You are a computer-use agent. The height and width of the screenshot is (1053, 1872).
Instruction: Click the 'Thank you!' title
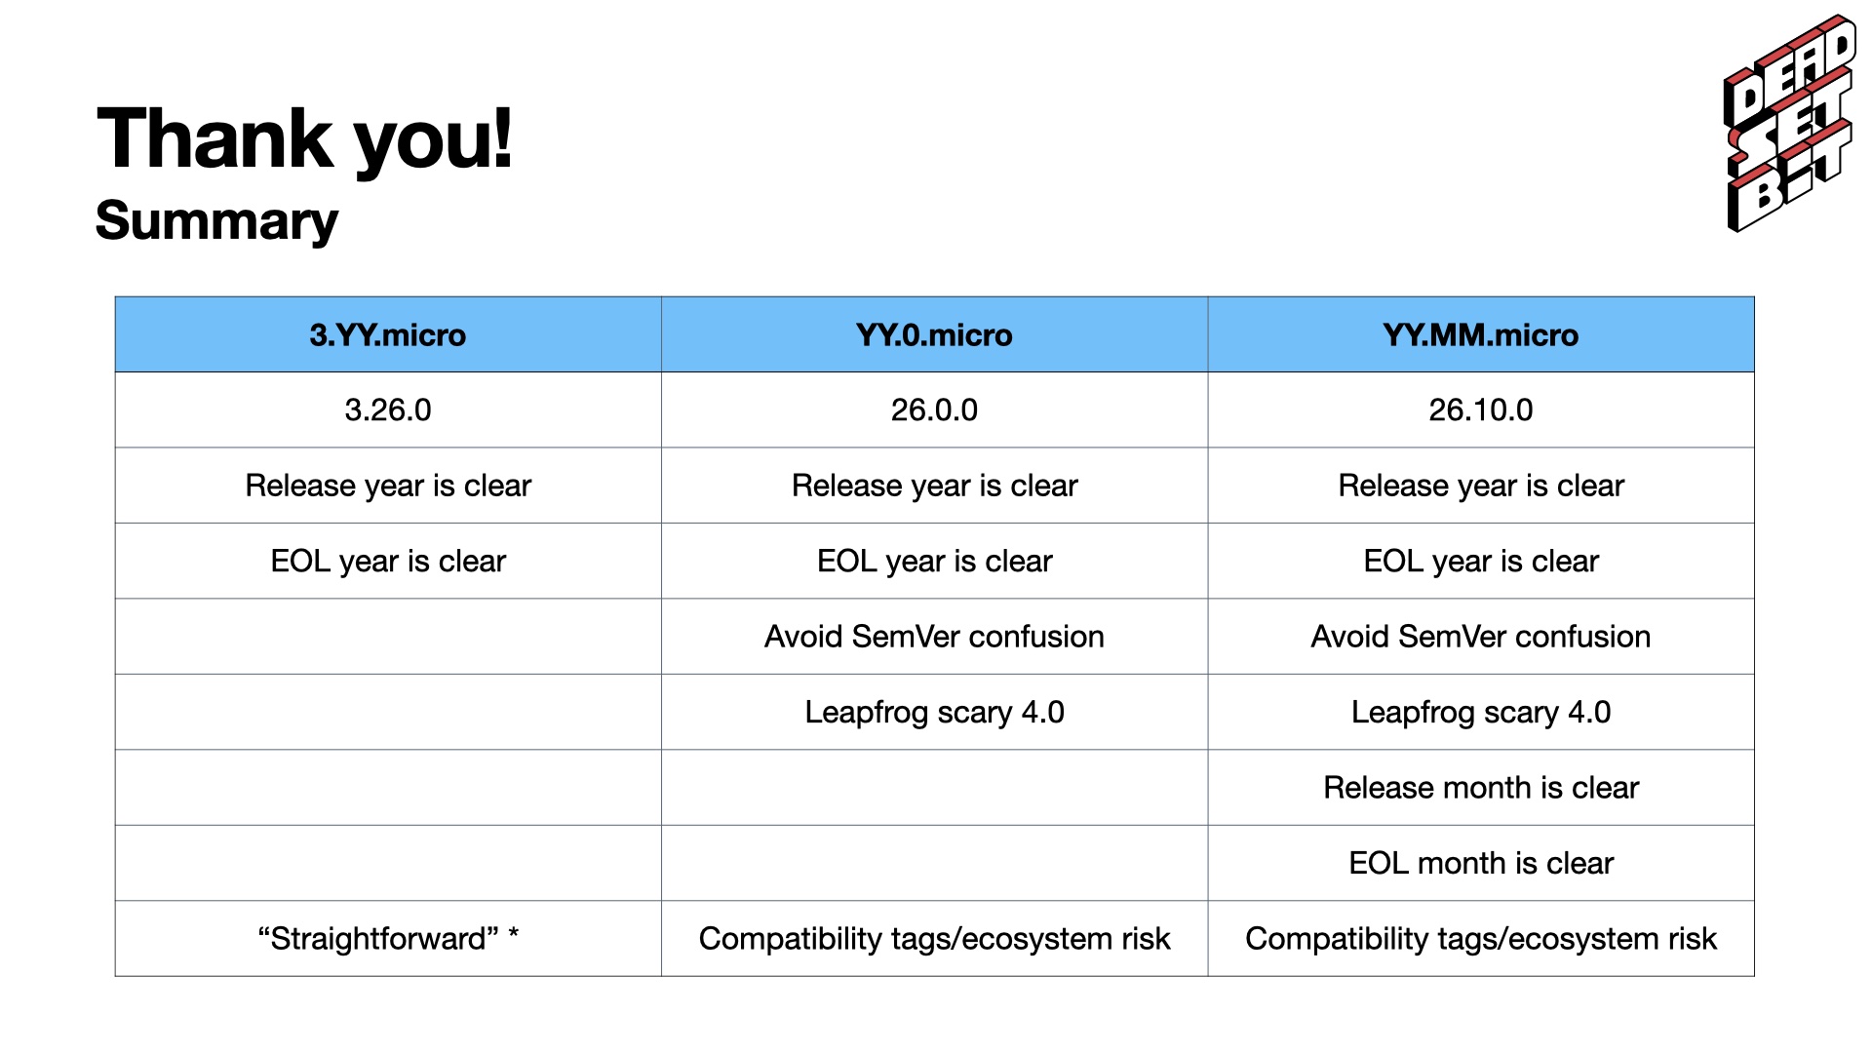[304, 138]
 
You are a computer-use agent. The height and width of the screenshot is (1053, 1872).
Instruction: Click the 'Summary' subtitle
[216, 220]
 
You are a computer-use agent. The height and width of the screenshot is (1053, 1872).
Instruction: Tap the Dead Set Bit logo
[1790, 123]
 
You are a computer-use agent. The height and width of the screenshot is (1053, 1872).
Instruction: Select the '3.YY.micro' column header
[388, 334]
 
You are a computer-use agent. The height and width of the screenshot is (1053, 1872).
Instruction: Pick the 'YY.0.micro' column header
[934, 334]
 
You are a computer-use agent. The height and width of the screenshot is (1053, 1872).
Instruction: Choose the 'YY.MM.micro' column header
[1480, 334]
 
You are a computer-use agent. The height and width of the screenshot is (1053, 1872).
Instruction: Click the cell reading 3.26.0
[388, 409]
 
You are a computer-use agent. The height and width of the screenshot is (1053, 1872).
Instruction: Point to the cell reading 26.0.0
[934, 409]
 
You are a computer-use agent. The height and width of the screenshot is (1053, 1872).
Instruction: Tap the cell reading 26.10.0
[1480, 409]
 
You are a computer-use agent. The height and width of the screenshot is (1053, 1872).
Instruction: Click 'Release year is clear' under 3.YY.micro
[388, 486]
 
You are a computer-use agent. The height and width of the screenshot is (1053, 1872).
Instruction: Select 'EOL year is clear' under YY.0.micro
[934, 561]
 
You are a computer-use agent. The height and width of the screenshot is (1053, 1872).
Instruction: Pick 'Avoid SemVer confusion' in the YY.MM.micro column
[1480, 637]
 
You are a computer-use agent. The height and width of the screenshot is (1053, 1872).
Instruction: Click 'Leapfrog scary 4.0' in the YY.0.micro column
[934, 712]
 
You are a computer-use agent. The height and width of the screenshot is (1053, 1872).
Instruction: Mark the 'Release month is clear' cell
[1480, 788]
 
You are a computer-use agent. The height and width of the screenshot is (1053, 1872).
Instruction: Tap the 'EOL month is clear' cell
[1480, 863]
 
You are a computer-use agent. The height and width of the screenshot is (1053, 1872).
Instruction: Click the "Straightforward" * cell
[388, 938]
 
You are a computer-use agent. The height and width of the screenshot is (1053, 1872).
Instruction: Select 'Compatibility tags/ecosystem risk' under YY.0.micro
[934, 938]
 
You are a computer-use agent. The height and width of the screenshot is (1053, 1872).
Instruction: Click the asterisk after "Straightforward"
[513, 934]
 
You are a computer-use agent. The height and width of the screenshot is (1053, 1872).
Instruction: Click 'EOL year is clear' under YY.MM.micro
[1480, 561]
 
